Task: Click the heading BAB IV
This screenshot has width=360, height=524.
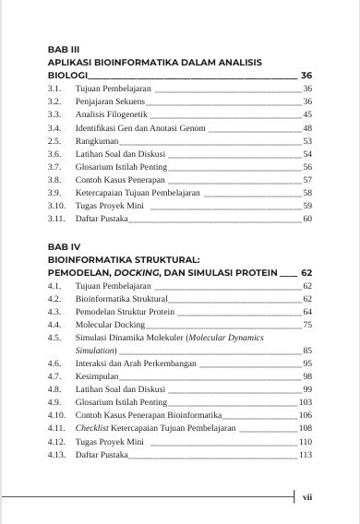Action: [x=65, y=247]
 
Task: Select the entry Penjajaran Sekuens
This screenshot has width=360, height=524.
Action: [x=110, y=100]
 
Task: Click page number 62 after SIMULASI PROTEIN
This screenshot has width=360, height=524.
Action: [x=306, y=274]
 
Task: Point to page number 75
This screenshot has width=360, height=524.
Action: [x=307, y=325]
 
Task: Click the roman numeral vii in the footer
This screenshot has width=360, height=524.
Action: [x=308, y=496]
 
